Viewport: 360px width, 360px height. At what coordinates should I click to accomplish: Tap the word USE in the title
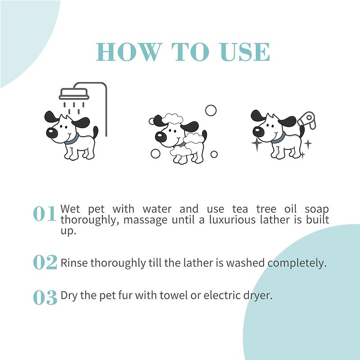(x=244, y=52)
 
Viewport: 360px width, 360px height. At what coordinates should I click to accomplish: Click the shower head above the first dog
(x=74, y=94)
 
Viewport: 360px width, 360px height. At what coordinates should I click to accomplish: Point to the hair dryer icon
(x=307, y=120)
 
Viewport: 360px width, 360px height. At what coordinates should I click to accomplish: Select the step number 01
(x=45, y=213)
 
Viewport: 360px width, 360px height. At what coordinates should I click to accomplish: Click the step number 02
(x=45, y=262)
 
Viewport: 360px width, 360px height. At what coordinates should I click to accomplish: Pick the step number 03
(x=45, y=297)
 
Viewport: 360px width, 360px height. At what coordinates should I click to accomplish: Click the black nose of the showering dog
(x=52, y=133)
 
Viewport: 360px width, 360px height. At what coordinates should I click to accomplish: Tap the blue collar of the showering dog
(x=72, y=140)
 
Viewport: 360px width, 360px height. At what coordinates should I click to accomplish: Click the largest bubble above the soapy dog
(x=211, y=110)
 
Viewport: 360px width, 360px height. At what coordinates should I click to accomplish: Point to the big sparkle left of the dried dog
(x=256, y=143)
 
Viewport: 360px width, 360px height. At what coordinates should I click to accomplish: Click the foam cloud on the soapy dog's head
(x=172, y=119)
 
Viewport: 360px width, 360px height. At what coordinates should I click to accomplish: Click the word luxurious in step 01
(x=232, y=220)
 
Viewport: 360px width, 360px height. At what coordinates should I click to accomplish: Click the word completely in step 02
(x=297, y=263)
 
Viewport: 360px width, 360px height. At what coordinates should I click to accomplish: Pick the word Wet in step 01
(x=70, y=209)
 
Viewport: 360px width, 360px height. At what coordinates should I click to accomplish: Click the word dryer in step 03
(x=258, y=296)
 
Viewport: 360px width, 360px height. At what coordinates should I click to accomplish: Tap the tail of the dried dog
(x=302, y=131)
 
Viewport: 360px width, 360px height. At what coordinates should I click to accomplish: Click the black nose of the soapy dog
(x=161, y=137)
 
